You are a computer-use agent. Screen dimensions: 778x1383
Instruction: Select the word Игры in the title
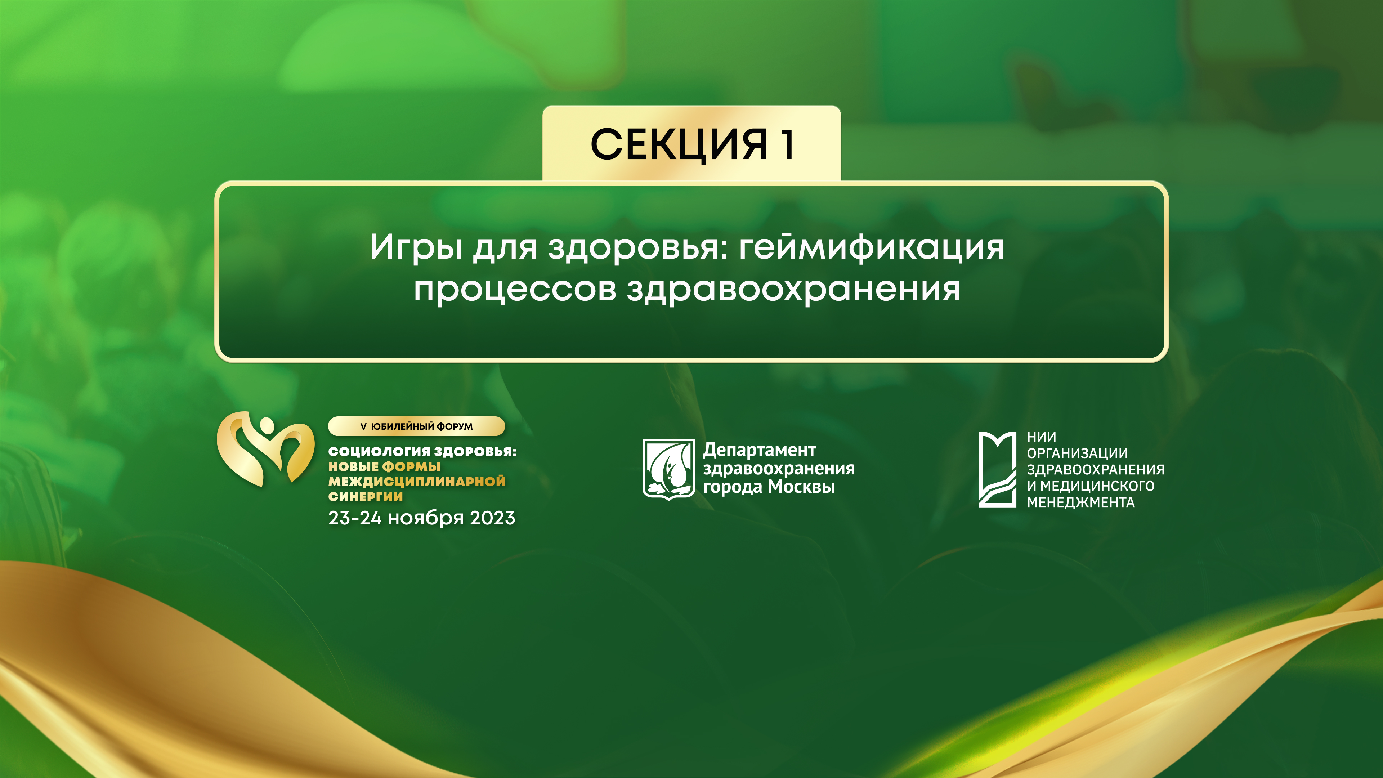pos(416,247)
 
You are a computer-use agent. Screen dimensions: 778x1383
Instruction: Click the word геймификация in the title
pos(871,247)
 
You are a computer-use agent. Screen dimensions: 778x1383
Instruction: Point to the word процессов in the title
pos(514,290)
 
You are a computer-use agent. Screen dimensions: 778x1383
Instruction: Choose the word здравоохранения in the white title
pos(793,290)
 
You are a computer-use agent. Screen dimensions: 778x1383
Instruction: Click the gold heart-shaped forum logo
pos(265,449)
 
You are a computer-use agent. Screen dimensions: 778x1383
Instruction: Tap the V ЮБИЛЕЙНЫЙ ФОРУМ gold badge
pos(416,426)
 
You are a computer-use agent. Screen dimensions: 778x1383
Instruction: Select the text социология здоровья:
pos(422,451)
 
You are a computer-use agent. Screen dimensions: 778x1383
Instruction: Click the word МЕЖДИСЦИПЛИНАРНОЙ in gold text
pos(417,481)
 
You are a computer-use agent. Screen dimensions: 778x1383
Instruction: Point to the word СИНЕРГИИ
pos(365,497)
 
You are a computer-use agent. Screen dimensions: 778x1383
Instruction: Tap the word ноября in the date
pos(425,518)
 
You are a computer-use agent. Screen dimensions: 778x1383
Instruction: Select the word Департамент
pos(759,450)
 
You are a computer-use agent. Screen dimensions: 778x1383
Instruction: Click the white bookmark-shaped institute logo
pos(997,469)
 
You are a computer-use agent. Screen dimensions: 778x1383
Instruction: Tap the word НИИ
pos(1041,437)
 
